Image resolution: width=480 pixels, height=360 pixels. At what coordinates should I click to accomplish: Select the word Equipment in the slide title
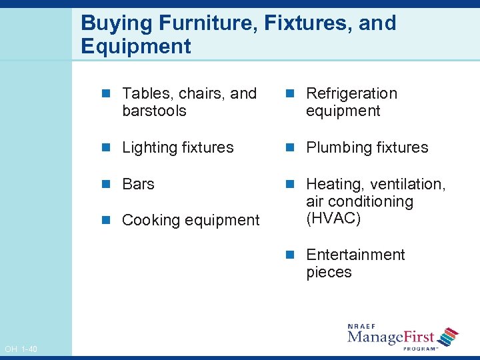point(136,47)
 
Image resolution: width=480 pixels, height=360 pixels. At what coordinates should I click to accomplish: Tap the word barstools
point(154,111)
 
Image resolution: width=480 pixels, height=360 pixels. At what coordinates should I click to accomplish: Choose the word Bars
point(139,184)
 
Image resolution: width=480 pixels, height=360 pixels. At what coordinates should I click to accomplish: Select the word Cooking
point(150,221)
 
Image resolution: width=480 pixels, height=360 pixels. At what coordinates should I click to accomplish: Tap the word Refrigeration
point(351,93)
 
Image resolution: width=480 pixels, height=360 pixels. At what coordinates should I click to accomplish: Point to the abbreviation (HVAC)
point(333,219)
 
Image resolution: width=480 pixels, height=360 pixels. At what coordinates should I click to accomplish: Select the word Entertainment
point(355,255)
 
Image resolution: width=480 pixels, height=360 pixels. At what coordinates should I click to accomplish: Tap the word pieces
point(329,272)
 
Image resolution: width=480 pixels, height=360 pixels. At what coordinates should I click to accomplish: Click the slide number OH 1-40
point(21,349)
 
